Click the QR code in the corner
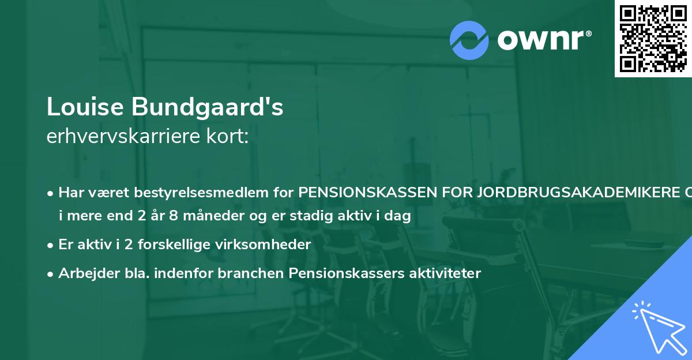(x=653, y=39)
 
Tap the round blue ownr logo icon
(x=469, y=40)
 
